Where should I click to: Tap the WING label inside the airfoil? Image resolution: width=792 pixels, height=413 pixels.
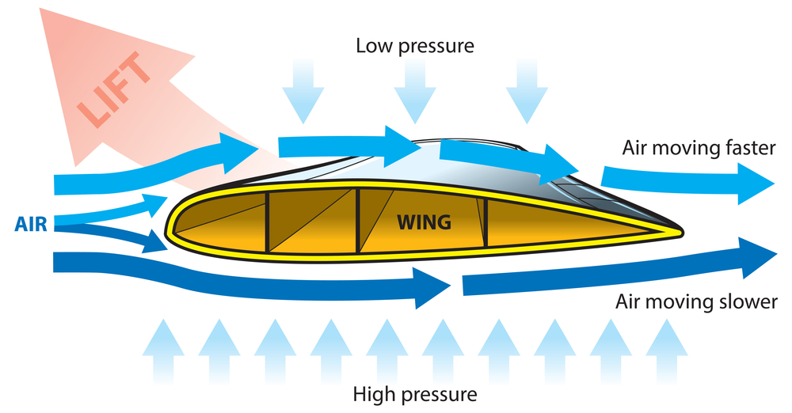point(425,222)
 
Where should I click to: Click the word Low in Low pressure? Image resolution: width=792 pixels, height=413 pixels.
point(374,45)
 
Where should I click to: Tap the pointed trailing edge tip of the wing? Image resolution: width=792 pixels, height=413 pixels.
point(681,232)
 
